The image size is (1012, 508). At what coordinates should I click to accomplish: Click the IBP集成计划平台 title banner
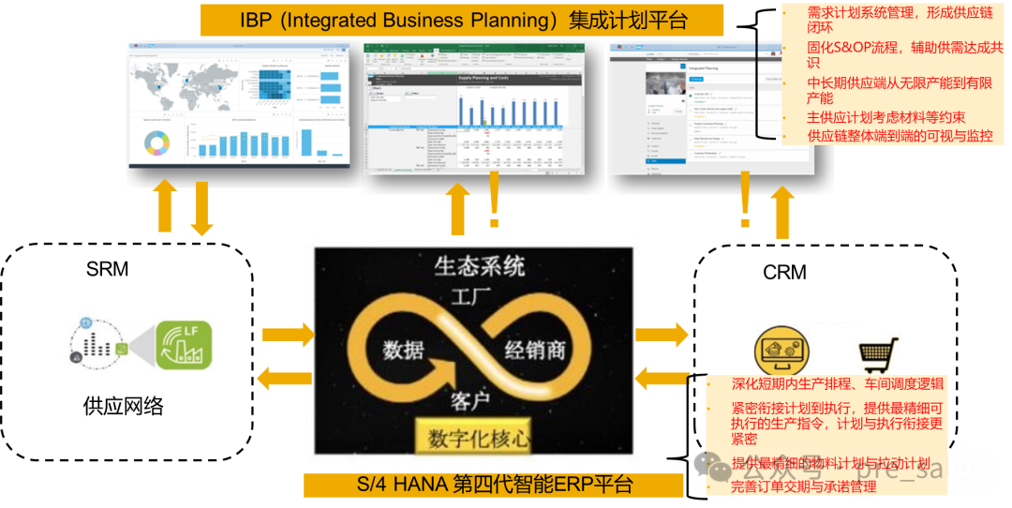pyautogui.click(x=462, y=20)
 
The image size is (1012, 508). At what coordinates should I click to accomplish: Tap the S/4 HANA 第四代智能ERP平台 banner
pyautogui.click(x=494, y=485)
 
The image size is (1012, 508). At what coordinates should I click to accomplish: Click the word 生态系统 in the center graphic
pyautogui.click(x=479, y=266)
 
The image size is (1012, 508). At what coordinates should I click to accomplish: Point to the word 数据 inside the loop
pyautogui.click(x=403, y=350)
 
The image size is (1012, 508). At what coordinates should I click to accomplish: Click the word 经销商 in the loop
pyautogui.click(x=535, y=350)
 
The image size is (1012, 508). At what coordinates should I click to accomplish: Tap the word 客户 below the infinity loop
pyautogui.click(x=470, y=401)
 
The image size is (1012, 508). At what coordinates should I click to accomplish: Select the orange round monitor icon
pyautogui.click(x=784, y=351)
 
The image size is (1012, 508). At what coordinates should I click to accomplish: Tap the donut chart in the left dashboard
pyautogui.click(x=156, y=142)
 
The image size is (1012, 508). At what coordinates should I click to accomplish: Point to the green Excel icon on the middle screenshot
pyautogui.click(x=370, y=56)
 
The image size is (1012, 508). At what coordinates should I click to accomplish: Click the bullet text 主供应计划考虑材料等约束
pyautogui.click(x=885, y=118)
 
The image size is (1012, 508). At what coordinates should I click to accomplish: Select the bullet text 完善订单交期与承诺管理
pyautogui.click(x=803, y=486)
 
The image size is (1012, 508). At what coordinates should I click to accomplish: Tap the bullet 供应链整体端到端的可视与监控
pyautogui.click(x=899, y=136)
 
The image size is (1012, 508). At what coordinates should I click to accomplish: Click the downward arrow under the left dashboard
pyautogui.click(x=201, y=208)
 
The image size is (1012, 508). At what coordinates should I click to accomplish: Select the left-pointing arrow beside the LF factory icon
pyautogui.click(x=284, y=379)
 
